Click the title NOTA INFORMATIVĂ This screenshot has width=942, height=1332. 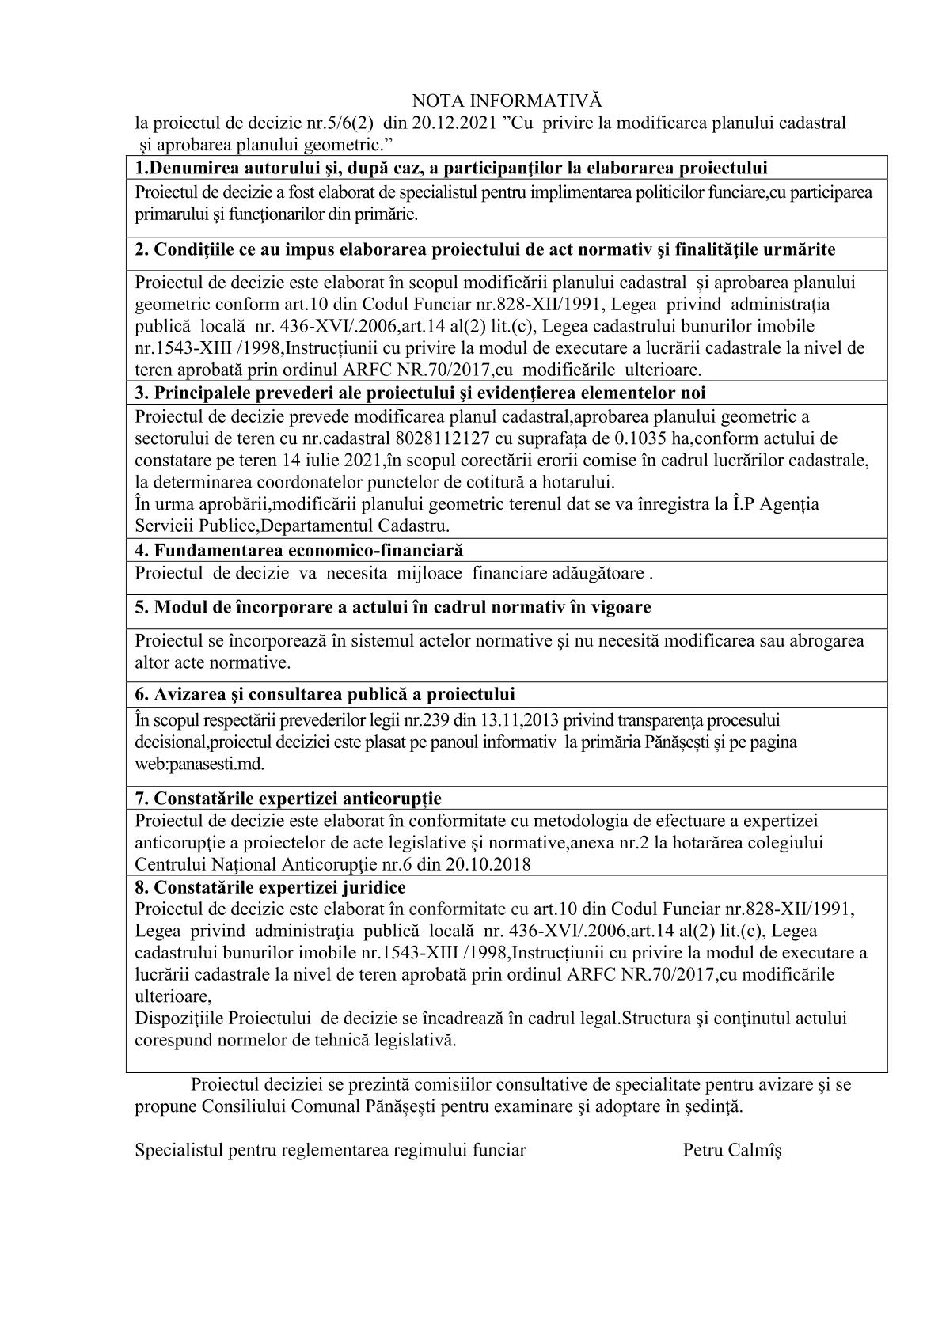[507, 101]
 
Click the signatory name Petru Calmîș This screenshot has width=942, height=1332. [731, 1150]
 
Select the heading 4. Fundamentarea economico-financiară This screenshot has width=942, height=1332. [299, 550]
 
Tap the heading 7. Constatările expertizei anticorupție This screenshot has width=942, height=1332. [288, 798]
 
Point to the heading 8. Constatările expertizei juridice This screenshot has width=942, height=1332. [270, 887]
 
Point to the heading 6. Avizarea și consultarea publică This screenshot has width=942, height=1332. [325, 694]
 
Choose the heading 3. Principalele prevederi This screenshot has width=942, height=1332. [420, 393]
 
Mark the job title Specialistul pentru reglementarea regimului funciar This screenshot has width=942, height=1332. [330, 1150]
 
